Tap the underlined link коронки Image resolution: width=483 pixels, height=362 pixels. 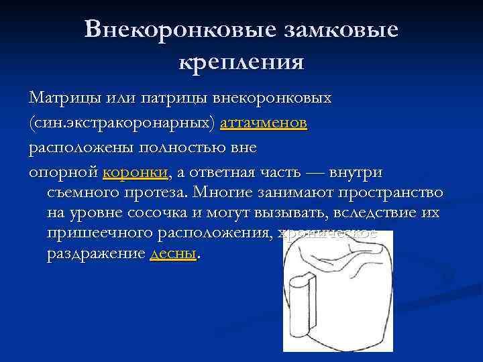click(x=137, y=173)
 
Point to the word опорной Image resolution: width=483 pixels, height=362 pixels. click(x=63, y=173)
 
